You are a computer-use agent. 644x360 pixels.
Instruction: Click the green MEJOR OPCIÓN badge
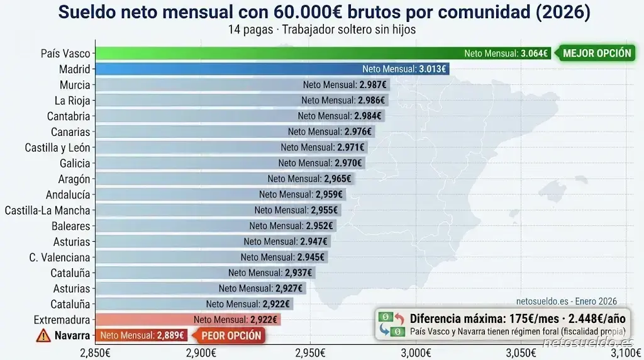coord(596,53)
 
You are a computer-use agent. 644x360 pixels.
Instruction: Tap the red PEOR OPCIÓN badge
coord(230,335)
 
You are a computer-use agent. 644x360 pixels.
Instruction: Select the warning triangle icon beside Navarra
coord(43,335)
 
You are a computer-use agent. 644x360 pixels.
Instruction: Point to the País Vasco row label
coord(65,53)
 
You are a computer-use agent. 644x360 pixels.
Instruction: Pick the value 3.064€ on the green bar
coord(534,53)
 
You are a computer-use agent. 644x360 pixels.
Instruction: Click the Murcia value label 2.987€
coord(372,85)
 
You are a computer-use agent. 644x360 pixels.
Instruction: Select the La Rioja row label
coord(72,101)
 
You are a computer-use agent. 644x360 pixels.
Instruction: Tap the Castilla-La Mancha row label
coord(48,210)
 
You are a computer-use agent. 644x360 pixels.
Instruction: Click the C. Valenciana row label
coord(60,257)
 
